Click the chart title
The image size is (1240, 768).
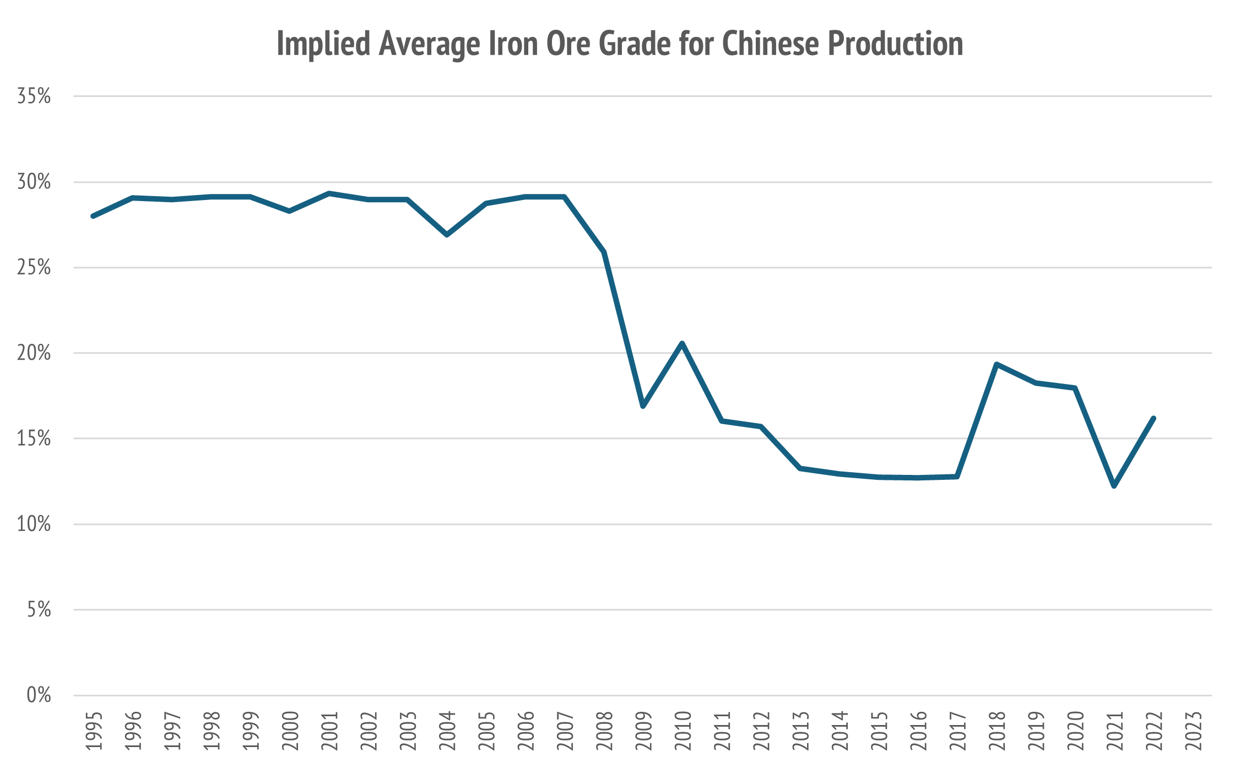pos(620,44)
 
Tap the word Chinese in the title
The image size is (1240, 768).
pos(771,44)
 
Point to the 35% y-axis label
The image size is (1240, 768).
pos(34,96)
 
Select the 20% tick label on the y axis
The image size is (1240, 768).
pos(34,353)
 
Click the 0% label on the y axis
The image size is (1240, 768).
pos(39,695)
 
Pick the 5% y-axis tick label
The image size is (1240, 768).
pos(39,610)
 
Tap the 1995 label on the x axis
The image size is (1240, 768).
pos(94,731)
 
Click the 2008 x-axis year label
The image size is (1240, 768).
pos(604,731)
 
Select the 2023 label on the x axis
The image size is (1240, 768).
pos(1193,731)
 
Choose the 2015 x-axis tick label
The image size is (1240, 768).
pos(879,731)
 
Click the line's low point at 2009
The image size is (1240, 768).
pos(643,406)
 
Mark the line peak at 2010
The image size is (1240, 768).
pos(683,343)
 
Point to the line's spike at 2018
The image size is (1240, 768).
pos(997,364)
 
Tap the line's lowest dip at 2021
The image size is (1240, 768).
pos(1114,486)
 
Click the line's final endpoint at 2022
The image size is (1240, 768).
pos(1154,418)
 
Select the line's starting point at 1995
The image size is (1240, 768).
pos(93,216)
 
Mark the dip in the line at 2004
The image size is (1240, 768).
pos(447,235)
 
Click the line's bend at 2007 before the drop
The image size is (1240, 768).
pos(565,197)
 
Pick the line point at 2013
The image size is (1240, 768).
pos(800,468)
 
